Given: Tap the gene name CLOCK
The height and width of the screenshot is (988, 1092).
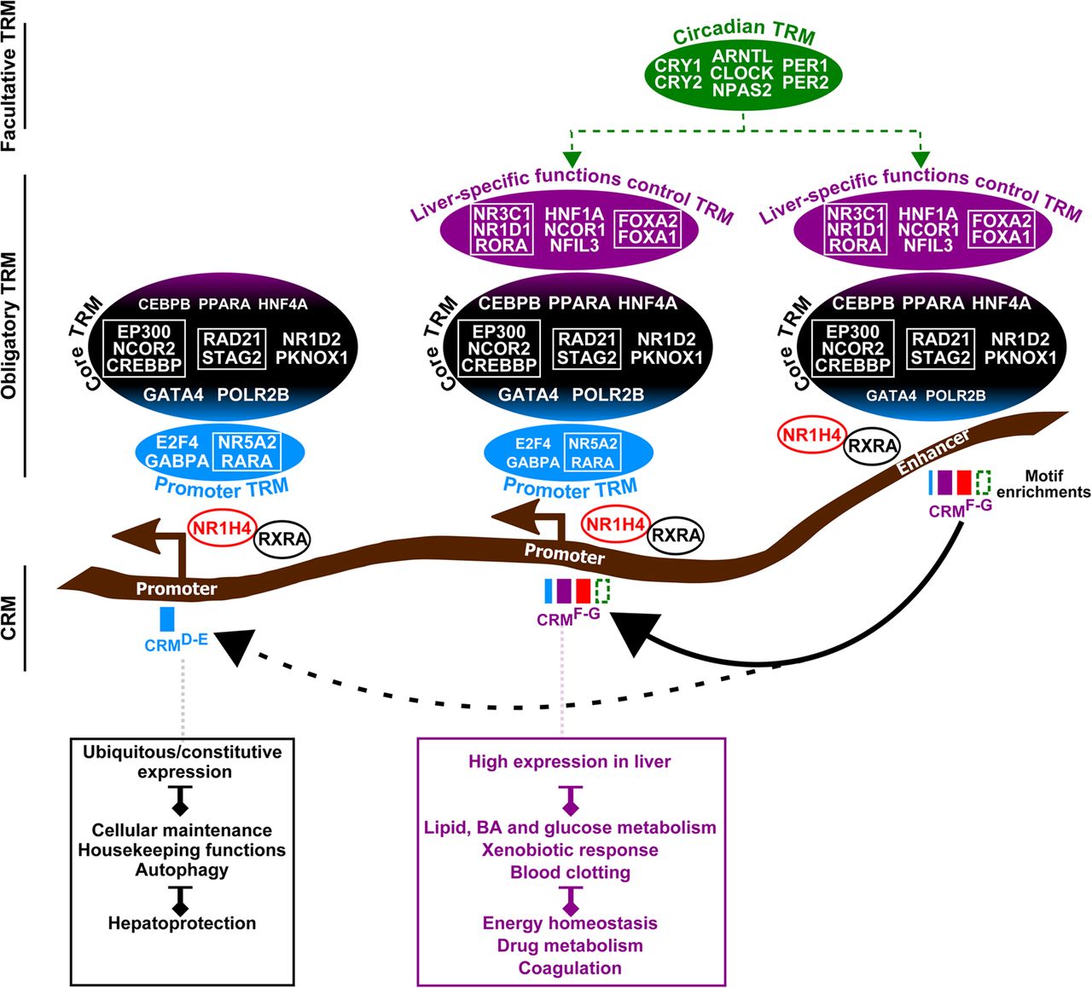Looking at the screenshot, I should point(741,73).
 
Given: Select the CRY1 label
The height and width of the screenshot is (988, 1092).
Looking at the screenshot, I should point(678,66).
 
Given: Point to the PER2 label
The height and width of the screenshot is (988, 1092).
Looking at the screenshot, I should point(805,83).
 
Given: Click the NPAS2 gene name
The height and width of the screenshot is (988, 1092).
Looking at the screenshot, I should point(741,90).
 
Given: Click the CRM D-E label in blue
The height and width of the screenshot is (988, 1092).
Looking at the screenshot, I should point(176,642).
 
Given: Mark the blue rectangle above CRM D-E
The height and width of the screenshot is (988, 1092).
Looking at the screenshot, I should point(167,618).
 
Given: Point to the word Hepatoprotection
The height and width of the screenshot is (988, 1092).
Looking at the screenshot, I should point(182,923).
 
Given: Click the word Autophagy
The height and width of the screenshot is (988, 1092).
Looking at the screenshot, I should point(182,870).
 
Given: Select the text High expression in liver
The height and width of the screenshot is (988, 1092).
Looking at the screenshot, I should point(569,762).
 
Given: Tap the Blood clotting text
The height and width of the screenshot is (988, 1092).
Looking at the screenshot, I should point(570,873).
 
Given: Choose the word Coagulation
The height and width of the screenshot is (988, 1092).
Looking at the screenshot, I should point(570,968).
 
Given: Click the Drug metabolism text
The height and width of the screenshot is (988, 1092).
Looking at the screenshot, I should point(570,945).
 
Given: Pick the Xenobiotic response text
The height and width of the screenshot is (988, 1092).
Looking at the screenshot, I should point(570,850).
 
